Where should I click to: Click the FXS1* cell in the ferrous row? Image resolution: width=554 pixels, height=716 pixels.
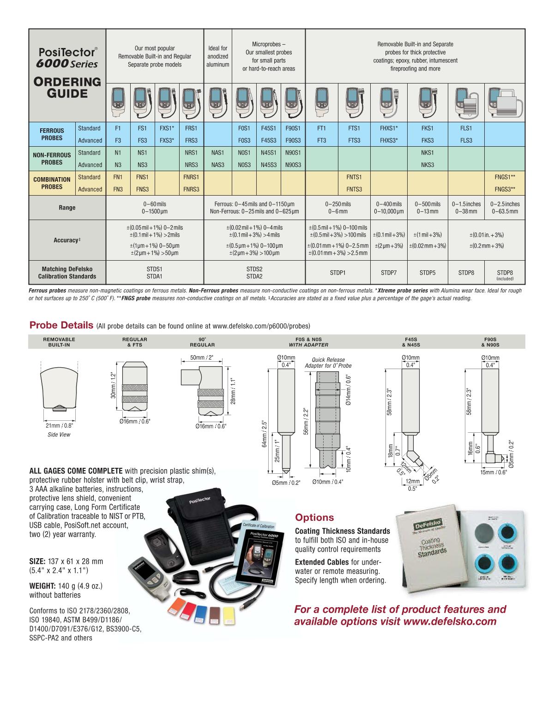tap(167, 128)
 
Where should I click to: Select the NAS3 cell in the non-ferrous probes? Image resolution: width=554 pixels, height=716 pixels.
tap(217, 165)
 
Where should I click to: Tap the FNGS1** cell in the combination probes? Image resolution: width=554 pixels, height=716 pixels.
tap(505, 177)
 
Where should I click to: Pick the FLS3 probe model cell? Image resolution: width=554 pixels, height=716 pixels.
tap(466, 140)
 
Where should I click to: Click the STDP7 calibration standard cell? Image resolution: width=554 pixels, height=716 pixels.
tap(389, 273)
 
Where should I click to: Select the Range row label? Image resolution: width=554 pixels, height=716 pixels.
tap(67, 208)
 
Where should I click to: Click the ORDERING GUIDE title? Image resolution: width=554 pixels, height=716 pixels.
tap(67, 88)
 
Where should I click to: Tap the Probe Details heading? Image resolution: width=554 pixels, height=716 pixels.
tap(61, 325)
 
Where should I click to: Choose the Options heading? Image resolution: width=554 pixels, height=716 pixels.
tap(314, 517)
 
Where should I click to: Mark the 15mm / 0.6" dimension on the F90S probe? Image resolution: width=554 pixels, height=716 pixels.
tap(494, 472)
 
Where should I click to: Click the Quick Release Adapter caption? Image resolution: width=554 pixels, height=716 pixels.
tap(328, 363)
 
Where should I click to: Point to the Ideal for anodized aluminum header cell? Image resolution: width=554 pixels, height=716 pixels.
tap(217, 56)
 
